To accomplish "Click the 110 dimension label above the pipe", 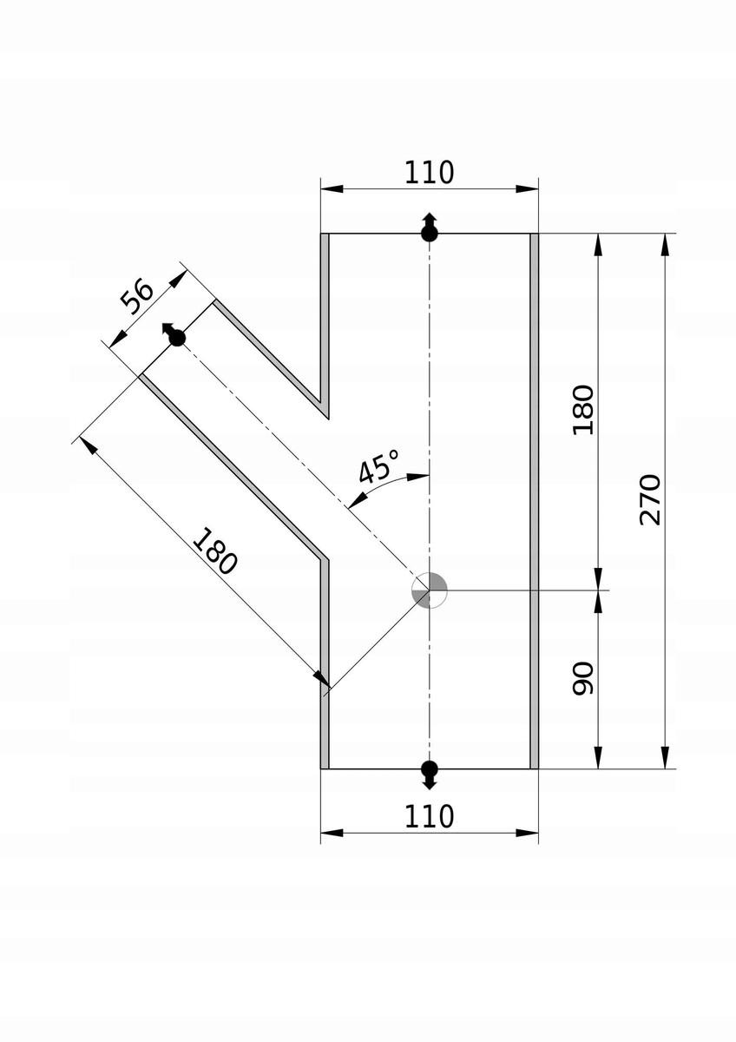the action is coord(429,173).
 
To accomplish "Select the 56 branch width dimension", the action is coord(136,296).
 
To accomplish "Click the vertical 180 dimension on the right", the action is coord(583,410).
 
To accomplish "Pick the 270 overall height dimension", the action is coord(650,499).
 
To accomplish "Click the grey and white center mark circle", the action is coord(429,590).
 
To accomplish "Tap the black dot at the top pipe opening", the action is coord(429,233).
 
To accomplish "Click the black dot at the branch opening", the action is coord(177,338).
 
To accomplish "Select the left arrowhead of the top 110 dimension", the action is coord(332,189).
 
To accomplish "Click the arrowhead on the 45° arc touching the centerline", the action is coord(418,477).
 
